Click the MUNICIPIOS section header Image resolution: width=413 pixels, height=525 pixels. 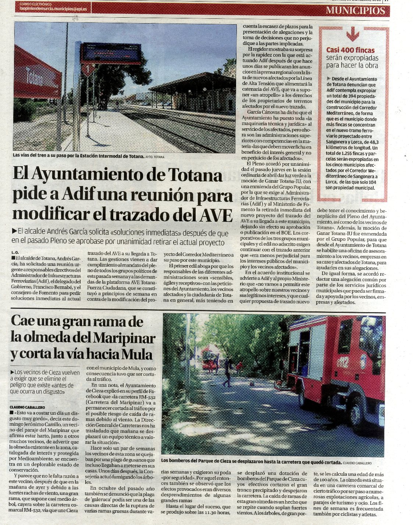355,11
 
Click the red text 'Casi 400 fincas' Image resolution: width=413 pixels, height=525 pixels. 350,50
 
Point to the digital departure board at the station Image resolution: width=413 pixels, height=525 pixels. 110,54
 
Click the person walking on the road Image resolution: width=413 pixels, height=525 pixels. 227,373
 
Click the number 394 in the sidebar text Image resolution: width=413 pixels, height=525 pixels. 351,96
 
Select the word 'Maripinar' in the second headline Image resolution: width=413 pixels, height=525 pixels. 124,338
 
